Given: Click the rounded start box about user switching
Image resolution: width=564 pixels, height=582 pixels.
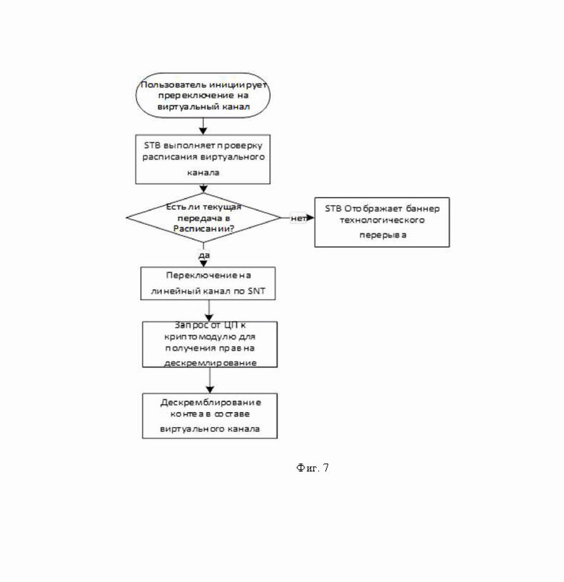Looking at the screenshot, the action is [202, 95].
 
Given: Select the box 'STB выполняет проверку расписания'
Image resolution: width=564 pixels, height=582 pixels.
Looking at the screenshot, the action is [202, 159].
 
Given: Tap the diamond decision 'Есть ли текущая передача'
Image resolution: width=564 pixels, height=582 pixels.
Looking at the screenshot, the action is [203, 218].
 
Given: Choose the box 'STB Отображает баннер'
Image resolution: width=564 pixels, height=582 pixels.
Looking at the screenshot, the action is [382, 222].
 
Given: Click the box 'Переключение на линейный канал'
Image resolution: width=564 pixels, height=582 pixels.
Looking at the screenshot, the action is [208, 283].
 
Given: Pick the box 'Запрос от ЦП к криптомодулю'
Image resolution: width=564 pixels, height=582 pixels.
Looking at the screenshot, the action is [210, 344].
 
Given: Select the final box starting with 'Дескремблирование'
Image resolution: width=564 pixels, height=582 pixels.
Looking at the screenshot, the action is [210, 416].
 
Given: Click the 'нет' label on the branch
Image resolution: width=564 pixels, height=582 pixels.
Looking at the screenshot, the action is [298, 218].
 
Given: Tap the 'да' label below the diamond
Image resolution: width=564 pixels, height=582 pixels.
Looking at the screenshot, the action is [204, 255].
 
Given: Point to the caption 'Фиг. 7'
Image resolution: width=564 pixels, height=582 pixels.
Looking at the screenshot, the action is [312, 468].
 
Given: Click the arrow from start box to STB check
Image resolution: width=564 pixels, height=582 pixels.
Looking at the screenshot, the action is [202, 127].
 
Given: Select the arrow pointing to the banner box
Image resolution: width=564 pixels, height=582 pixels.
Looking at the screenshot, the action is [298, 218].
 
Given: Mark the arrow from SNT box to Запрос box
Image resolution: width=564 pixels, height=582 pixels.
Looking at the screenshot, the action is [209, 311].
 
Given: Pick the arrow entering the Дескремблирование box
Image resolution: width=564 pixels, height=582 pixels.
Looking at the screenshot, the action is [210, 380].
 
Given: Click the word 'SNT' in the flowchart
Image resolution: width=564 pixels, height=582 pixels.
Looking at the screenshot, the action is [257, 291].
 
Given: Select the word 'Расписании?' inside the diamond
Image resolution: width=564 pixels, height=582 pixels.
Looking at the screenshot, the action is [204, 228].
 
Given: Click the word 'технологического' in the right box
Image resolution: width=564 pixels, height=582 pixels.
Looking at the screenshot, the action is [382, 220].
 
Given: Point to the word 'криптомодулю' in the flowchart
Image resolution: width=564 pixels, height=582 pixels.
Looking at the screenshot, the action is [210, 337].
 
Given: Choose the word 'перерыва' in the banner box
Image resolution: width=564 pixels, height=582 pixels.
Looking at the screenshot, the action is [383, 235].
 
